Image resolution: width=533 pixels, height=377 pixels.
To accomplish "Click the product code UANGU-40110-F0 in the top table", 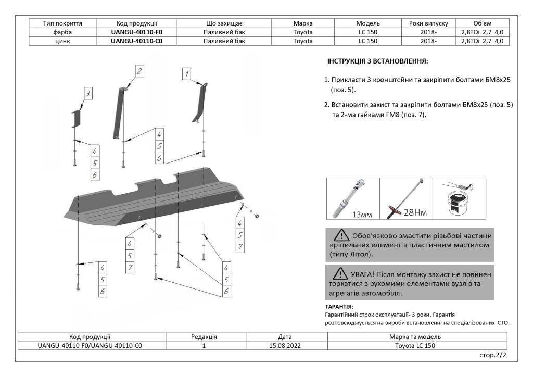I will (137, 32).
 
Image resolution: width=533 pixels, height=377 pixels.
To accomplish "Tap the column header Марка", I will (303, 23).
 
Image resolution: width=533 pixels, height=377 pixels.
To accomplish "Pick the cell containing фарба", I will (62, 32).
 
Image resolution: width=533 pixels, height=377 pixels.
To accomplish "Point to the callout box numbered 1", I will (186, 74).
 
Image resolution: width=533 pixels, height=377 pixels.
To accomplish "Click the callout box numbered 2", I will (139, 71).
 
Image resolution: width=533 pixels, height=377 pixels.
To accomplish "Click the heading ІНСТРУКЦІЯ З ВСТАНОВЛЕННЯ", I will (377, 61).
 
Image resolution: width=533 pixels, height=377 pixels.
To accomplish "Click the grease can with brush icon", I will (458, 198).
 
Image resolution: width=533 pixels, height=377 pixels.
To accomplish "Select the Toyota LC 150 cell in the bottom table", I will (418, 345).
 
